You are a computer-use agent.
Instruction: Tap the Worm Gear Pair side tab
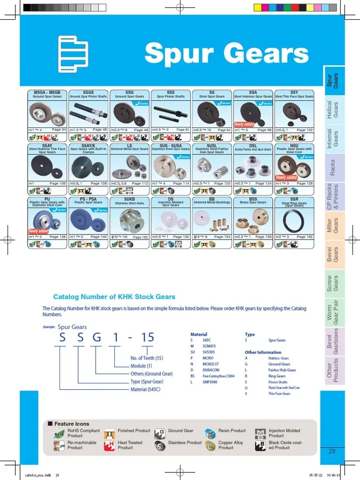[x=332, y=312]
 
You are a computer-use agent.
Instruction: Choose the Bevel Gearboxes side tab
[x=332, y=341]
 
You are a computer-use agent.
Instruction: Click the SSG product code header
[x=129, y=92]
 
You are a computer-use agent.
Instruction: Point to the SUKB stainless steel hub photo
[x=129, y=218]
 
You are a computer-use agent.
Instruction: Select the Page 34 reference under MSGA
[x=59, y=130]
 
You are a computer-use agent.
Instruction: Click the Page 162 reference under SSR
[x=304, y=237]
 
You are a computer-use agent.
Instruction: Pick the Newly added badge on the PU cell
[x=38, y=231]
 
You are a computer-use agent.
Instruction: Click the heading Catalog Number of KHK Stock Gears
[x=114, y=297]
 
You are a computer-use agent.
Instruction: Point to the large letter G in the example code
[x=96, y=337]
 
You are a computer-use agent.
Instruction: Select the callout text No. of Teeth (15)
[x=147, y=358]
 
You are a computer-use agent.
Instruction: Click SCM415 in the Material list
[x=209, y=346]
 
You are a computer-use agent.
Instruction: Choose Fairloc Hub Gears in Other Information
[x=282, y=370]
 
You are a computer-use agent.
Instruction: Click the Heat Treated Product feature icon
[x=109, y=445]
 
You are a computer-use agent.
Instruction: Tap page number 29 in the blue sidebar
[x=332, y=451]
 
